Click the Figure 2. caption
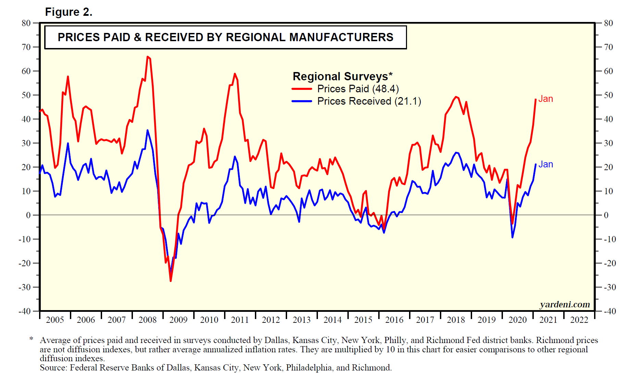[x=69, y=12]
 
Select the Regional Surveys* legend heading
[x=342, y=76]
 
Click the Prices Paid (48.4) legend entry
[x=358, y=89]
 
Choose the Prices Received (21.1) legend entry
[x=369, y=101]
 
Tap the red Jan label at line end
[x=545, y=99]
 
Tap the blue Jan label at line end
[x=545, y=164]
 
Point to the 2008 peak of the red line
[x=147, y=57]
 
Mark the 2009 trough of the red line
[x=171, y=281]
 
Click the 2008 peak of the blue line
[x=148, y=130]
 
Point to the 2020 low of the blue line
[x=512, y=237]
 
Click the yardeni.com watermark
[x=565, y=304]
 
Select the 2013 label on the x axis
[x=301, y=320]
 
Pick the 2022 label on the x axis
[x=579, y=320]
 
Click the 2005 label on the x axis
[x=55, y=320]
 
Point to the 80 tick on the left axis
[x=26, y=23]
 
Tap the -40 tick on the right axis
[x=610, y=311]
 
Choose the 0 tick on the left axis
[x=28, y=215]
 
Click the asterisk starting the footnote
[x=31, y=339]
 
